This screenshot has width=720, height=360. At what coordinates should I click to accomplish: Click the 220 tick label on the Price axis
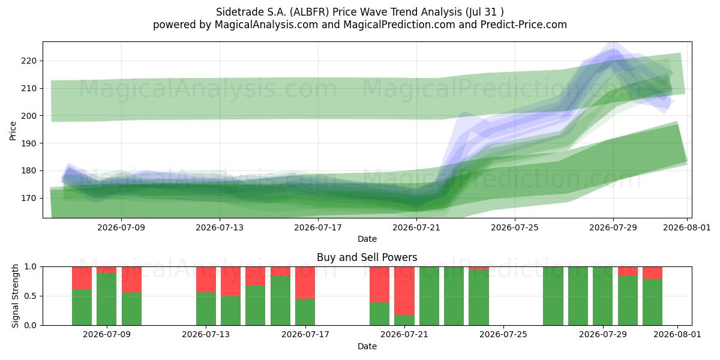tap(29, 61)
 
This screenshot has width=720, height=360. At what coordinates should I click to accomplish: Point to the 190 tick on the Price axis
tap(29, 143)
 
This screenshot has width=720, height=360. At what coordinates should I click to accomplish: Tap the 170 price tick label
tap(29, 198)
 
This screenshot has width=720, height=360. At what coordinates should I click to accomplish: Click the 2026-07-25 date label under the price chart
tap(515, 227)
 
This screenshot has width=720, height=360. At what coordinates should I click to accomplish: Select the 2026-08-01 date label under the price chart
tap(687, 227)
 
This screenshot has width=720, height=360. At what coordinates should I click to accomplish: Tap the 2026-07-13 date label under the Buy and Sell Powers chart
tap(206, 335)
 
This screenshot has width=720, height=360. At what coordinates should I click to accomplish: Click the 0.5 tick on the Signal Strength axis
tap(31, 296)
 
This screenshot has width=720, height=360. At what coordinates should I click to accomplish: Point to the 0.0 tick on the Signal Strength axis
tap(31, 325)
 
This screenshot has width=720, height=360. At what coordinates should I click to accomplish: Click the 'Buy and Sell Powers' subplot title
tap(367, 257)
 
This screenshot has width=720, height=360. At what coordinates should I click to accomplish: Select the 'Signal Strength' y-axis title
tap(15, 296)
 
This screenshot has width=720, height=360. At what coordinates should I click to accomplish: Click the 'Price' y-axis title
tap(13, 131)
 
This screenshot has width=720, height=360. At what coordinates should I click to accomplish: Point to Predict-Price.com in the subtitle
tap(524, 25)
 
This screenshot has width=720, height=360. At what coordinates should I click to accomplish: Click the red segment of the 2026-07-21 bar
tap(404, 291)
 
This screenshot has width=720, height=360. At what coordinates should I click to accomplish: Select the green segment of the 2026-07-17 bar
tap(305, 312)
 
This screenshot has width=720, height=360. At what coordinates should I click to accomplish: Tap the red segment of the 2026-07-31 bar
tap(653, 273)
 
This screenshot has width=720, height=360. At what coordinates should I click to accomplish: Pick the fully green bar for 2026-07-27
tap(553, 296)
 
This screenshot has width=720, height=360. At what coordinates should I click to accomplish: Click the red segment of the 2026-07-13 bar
tap(206, 280)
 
